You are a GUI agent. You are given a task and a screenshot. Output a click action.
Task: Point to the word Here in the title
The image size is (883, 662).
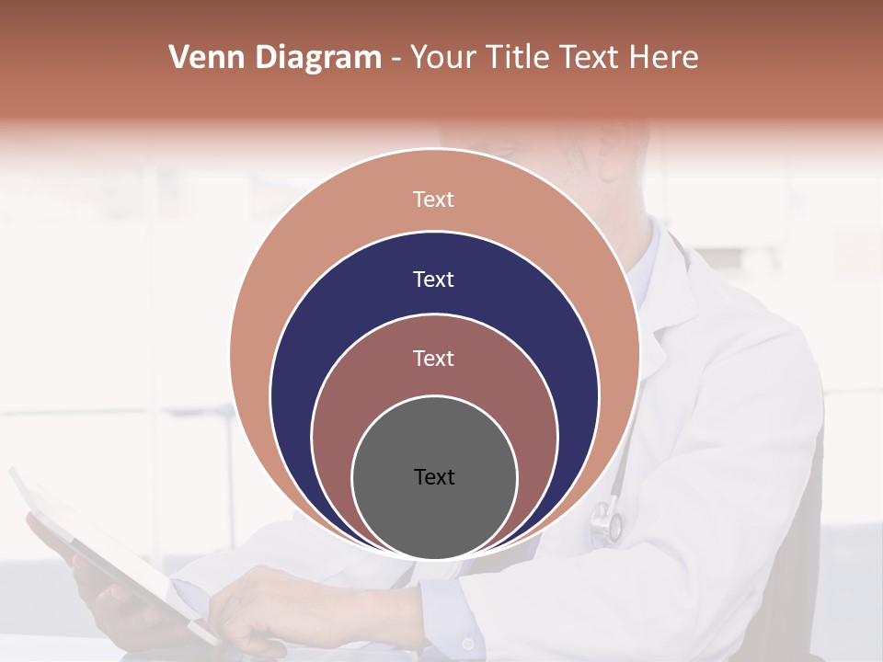[663, 58]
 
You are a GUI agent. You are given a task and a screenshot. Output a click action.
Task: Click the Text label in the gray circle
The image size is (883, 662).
[434, 477]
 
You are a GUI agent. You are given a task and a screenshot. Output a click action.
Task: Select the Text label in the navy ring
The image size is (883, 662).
[434, 280]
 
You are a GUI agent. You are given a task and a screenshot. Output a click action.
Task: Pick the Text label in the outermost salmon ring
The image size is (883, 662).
[434, 200]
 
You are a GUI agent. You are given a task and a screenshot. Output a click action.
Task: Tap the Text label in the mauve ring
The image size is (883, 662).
[434, 359]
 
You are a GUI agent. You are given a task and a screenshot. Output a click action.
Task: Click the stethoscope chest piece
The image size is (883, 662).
[606, 520]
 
